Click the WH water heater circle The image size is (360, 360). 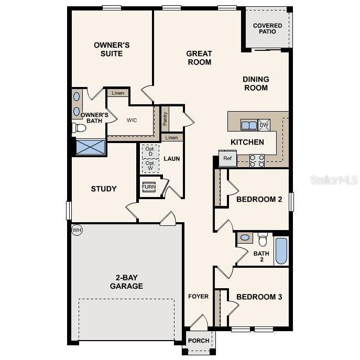click(x=77, y=230)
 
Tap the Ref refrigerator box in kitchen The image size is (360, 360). click(x=227, y=158)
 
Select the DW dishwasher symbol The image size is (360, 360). click(x=264, y=125)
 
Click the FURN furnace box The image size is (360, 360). click(x=149, y=187)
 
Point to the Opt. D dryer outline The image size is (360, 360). click(x=150, y=151)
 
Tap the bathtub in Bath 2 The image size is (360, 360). click(x=281, y=251)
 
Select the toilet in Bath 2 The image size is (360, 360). click(x=263, y=239)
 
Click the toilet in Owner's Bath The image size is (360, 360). click(x=79, y=128)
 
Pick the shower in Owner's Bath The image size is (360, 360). click(x=90, y=147)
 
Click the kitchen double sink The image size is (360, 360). click(x=249, y=125)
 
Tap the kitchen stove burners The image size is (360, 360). click(x=257, y=160)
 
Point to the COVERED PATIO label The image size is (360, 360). click(x=267, y=28)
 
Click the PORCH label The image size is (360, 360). click(x=199, y=341)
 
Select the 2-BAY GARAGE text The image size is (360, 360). click(x=126, y=282)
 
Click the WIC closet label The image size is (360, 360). click(x=132, y=120)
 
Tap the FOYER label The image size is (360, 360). click(x=199, y=297)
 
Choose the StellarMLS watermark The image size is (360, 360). click(x=334, y=180)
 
